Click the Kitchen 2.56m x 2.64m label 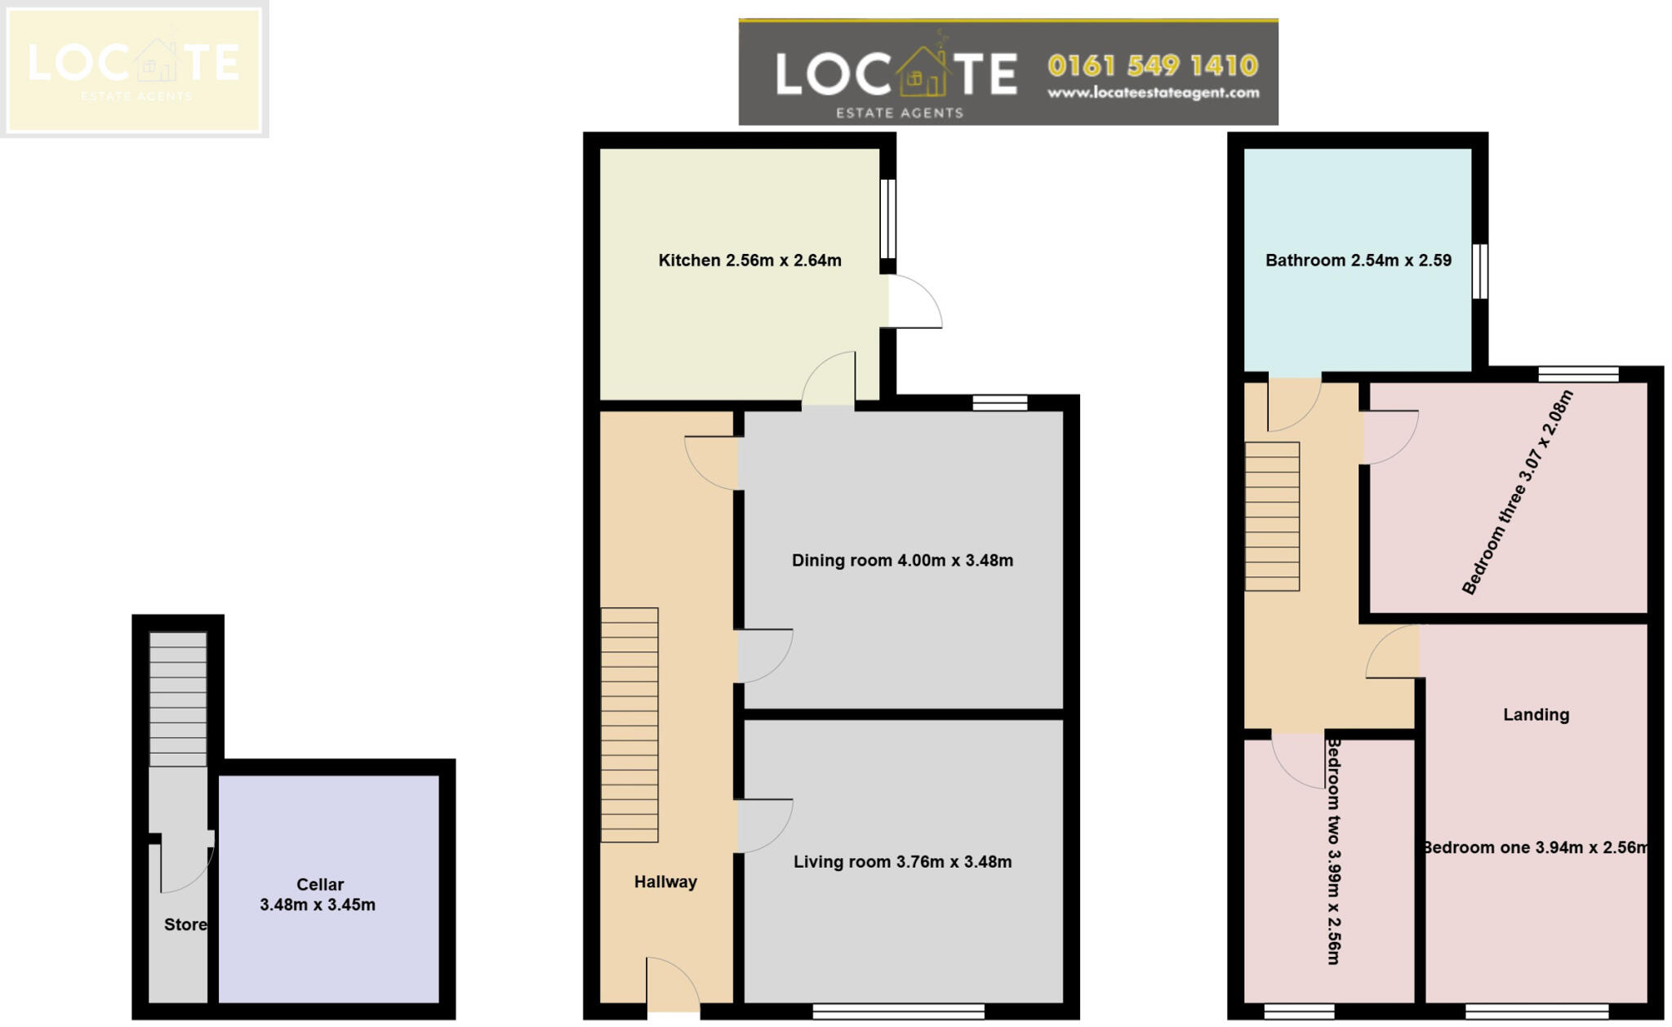(x=749, y=260)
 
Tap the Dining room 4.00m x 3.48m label (x=901, y=560)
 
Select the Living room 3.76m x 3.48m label (x=901, y=861)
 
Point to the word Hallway (x=665, y=882)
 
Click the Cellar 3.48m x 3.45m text (x=318, y=895)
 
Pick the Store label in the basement (x=185, y=924)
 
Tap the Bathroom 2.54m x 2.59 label (x=1357, y=260)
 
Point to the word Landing (x=1536, y=714)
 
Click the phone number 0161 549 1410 (x=1152, y=65)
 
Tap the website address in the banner (x=1152, y=93)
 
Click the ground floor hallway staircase (x=629, y=724)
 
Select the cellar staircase (x=178, y=699)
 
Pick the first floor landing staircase (x=1271, y=516)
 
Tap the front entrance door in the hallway (x=671, y=986)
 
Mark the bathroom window (x=1479, y=271)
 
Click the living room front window (x=898, y=1011)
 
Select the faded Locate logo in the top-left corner (x=134, y=68)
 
